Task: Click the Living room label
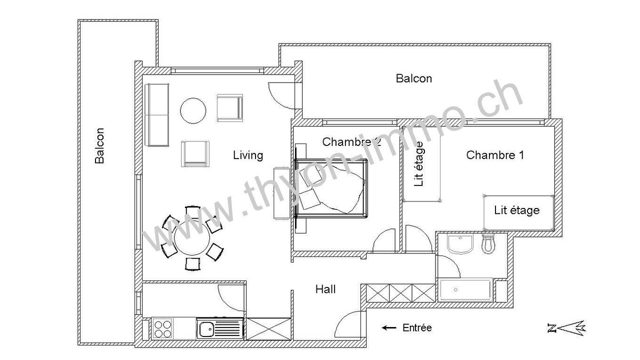pyautogui.click(x=248, y=155)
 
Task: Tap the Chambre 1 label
pyautogui.click(x=495, y=155)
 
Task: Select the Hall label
pyautogui.click(x=325, y=289)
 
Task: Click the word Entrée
pyautogui.click(x=417, y=327)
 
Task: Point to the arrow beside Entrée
pyautogui.click(x=389, y=328)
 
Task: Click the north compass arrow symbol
pyautogui.click(x=566, y=328)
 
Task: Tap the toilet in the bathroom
pyautogui.click(x=488, y=243)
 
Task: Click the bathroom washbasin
pyautogui.click(x=460, y=244)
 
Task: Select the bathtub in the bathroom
pyautogui.click(x=465, y=290)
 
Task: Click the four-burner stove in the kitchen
pyautogui.click(x=162, y=328)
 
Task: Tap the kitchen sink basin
pyautogui.click(x=206, y=329)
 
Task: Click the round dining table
pyautogui.click(x=192, y=237)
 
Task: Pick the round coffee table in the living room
pyautogui.click(x=193, y=111)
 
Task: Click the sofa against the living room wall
pyautogui.click(x=156, y=115)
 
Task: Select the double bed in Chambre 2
pyautogui.click(x=331, y=188)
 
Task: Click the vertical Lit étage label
pyautogui.click(x=418, y=164)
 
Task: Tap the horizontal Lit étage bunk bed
pyautogui.click(x=518, y=212)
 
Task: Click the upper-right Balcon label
pyautogui.click(x=413, y=78)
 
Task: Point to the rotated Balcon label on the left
pyautogui.click(x=99, y=145)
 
